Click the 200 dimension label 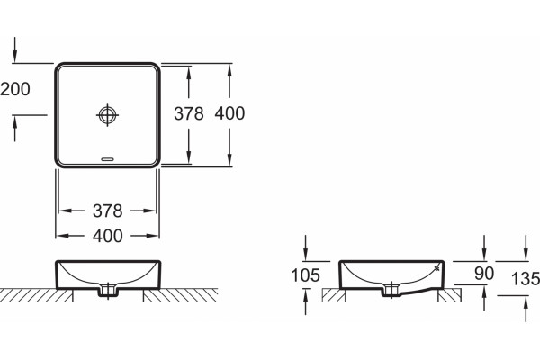[x=15, y=89]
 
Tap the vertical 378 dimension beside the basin [x=189, y=113]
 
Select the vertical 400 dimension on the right [x=229, y=113]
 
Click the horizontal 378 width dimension [x=107, y=211]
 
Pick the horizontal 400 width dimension [x=107, y=236]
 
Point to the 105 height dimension [x=305, y=275]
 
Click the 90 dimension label [x=484, y=274]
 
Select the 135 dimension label [x=526, y=278]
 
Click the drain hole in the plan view [x=107, y=115]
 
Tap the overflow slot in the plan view [x=107, y=159]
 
